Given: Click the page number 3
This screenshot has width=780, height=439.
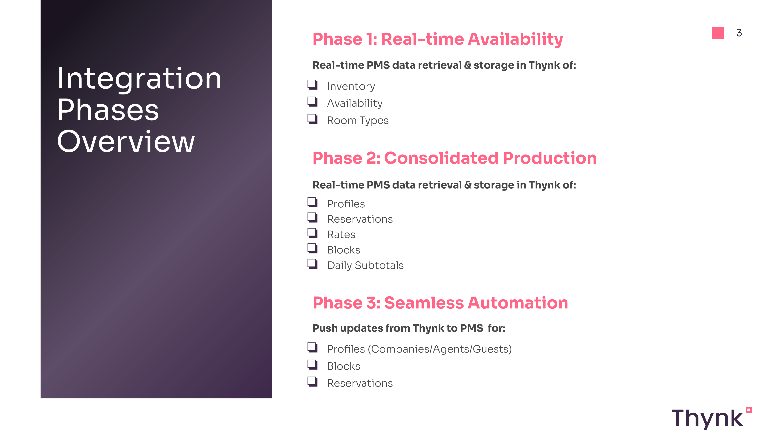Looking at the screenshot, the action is click(739, 33).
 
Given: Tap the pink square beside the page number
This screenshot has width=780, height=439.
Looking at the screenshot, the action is click(718, 33).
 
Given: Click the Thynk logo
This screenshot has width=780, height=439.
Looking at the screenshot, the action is click(712, 418).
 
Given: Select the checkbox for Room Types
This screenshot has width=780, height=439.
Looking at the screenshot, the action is click(312, 119).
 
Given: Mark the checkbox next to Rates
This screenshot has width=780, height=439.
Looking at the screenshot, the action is click(312, 233).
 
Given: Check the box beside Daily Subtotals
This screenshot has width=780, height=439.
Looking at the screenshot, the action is click(312, 264).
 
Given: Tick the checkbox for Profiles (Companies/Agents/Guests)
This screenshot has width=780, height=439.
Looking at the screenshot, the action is click(312, 347).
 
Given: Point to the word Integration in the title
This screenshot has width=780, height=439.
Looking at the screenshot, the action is click(139, 79).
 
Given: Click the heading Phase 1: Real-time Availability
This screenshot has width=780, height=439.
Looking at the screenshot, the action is click(438, 39).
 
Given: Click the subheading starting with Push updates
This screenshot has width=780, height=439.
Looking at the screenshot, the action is click(409, 328).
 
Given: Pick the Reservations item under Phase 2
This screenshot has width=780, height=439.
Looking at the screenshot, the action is click(360, 219).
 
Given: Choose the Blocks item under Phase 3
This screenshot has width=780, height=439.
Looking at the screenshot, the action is click(344, 366).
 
